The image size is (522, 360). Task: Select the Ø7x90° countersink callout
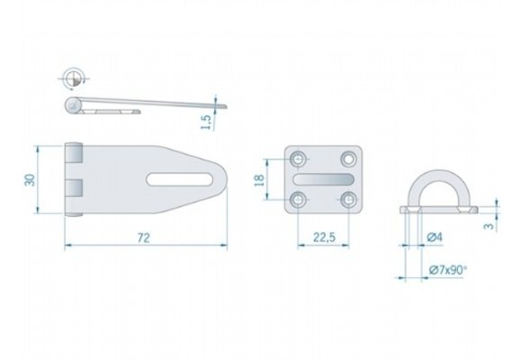447,269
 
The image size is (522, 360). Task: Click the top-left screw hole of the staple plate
298,158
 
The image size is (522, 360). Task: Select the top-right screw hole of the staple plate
347,158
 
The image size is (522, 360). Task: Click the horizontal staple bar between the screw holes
322,179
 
